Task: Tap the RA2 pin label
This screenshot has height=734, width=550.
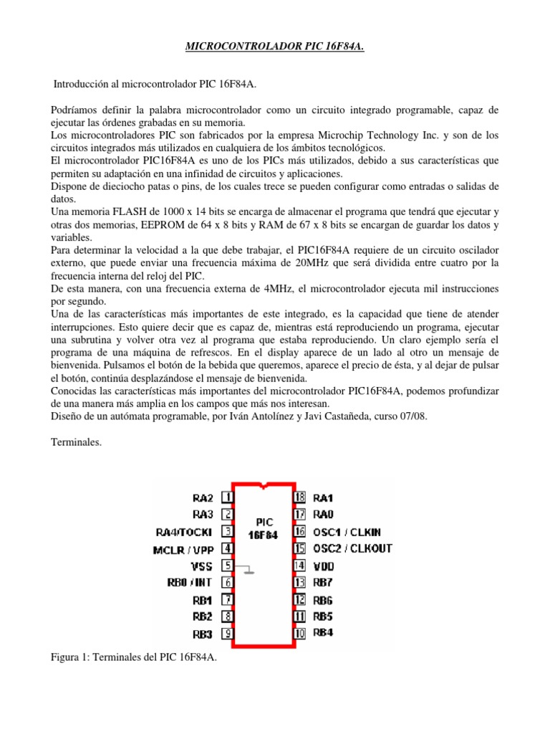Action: coord(203,497)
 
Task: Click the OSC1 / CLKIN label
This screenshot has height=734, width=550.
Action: coord(347,532)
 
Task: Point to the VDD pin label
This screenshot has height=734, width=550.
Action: coord(325,566)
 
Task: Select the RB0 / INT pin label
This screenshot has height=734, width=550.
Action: coord(190,583)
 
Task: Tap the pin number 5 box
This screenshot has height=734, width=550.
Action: coord(226,566)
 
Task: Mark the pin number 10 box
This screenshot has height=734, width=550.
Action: coord(299,634)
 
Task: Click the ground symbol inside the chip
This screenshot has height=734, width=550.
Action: coord(247,571)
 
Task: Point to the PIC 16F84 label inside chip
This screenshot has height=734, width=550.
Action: coord(263,528)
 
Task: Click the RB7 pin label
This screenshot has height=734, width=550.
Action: coord(324,583)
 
